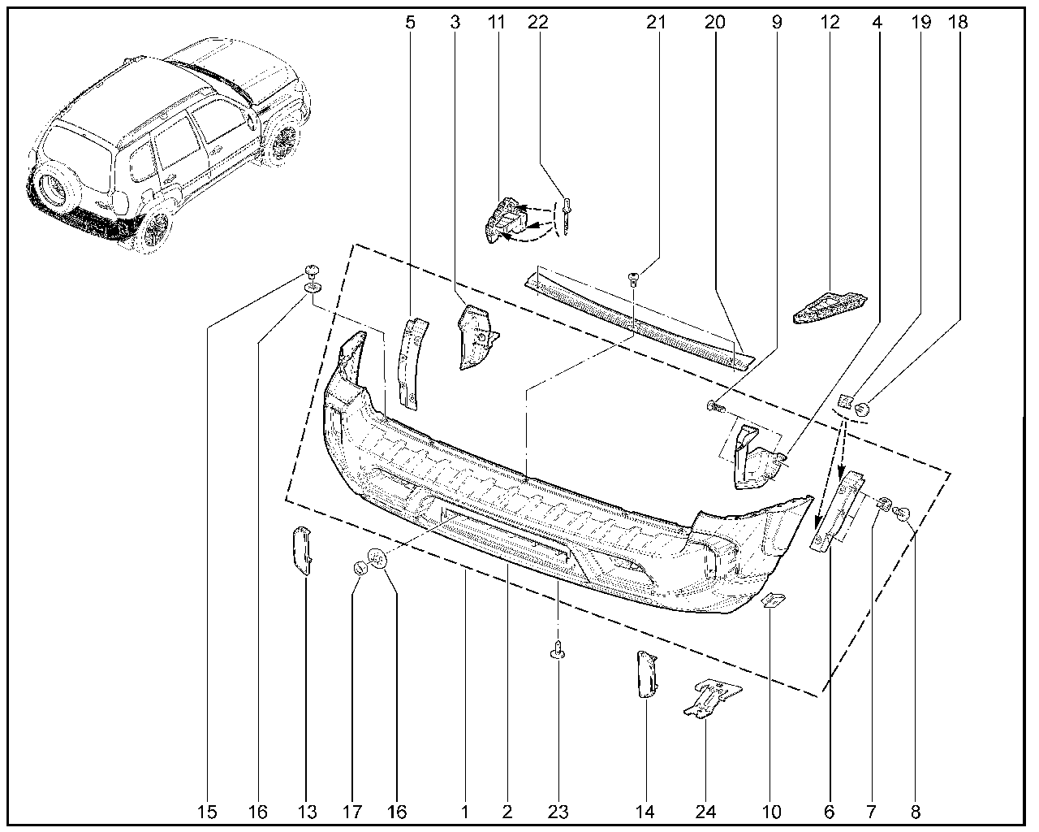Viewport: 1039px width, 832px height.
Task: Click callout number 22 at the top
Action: click(538, 22)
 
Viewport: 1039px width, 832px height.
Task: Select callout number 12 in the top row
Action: click(830, 22)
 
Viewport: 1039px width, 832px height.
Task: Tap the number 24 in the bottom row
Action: click(705, 812)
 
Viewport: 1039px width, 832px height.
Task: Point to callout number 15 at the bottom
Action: click(207, 812)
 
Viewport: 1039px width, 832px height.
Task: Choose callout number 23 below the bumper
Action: click(558, 812)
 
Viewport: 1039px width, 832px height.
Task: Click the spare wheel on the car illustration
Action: click(52, 189)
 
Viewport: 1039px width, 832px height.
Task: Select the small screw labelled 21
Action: click(632, 279)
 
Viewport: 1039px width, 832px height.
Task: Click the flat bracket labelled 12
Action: click(830, 307)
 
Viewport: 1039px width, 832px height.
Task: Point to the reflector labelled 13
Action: click(302, 551)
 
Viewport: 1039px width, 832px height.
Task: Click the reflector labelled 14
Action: click(646, 674)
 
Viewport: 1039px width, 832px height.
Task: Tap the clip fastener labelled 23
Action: click(558, 648)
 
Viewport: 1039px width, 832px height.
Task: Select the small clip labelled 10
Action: click(773, 601)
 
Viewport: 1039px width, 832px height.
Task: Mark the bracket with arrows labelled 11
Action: click(505, 219)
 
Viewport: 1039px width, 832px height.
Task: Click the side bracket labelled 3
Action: click(477, 337)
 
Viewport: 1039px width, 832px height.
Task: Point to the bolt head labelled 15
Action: click(313, 271)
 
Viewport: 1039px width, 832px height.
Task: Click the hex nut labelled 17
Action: click(360, 569)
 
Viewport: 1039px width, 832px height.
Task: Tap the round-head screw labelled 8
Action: click(901, 514)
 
